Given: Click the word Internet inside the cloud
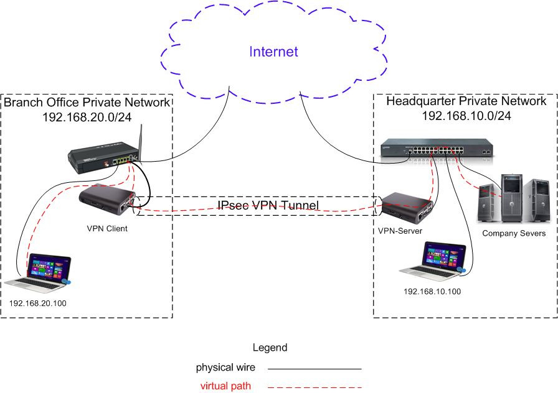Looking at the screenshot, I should pyautogui.click(x=273, y=52).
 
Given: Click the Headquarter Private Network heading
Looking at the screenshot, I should pyautogui.click(x=466, y=101).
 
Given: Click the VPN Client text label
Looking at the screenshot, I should pyautogui.click(x=107, y=228).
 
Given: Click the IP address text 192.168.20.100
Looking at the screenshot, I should pyautogui.click(x=38, y=303).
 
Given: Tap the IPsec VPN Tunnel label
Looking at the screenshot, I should pyautogui.click(x=268, y=205).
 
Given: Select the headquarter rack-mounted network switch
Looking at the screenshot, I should pyautogui.click(x=437, y=149).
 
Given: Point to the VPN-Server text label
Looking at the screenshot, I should pyautogui.click(x=400, y=231).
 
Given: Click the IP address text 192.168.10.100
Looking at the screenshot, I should pyautogui.click(x=432, y=291).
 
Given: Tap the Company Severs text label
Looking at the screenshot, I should pyautogui.click(x=514, y=233).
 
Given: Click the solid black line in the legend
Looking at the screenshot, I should pyautogui.click(x=314, y=369).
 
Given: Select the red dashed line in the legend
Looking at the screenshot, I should pyautogui.click(x=314, y=387).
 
